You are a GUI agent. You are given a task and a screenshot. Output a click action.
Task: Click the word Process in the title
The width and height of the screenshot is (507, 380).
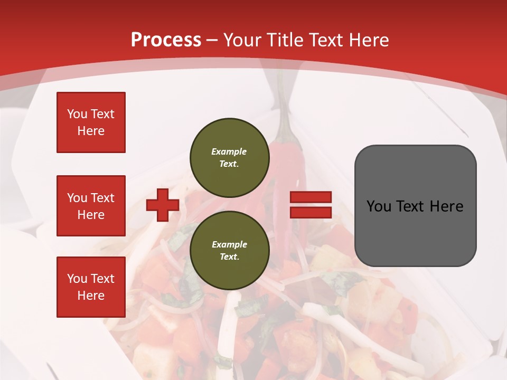pyautogui.click(x=166, y=40)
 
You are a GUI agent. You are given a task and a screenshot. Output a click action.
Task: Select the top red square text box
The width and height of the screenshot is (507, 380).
pyautogui.click(x=91, y=122)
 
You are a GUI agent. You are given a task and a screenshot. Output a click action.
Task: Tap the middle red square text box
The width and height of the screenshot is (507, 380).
pyautogui.click(x=91, y=206)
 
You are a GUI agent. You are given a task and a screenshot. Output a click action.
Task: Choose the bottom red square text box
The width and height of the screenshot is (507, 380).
pyautogui.click(x=91, y=287)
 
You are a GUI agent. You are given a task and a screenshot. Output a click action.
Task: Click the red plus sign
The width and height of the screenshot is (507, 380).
pyautogui.click(x=163, y=205)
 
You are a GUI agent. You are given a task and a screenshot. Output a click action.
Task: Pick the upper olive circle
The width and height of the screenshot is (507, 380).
pyautogui.click(x=230, y=158)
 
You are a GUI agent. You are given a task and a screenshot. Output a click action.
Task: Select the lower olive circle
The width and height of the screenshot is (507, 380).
pyautogui.click(x=230, y=250)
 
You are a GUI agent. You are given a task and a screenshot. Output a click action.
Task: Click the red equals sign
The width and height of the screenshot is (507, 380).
pyautogui.click(x=311, y=205)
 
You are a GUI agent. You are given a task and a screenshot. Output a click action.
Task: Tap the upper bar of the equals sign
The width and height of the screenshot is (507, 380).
pyautogui.click(x=311, y=197)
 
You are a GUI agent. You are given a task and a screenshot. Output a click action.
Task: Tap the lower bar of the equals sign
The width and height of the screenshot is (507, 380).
pyautogui.click(x=311, y=212)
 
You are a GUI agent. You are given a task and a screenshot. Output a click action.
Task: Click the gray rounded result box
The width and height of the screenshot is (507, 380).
pyautogui.click(x=415, y=206)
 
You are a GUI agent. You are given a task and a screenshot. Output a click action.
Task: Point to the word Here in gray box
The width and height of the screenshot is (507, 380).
pyautogui.click(x=446, y=206)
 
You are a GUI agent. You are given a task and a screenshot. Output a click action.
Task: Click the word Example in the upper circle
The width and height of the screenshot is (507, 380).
pyautogui.click(x=229, y=151)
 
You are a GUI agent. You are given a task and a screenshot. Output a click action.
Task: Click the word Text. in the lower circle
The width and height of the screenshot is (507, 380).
pyautogui.click(x=229, y=257)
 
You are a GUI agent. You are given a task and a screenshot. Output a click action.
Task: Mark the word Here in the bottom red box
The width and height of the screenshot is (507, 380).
pyautogui.click(x=91, y=296)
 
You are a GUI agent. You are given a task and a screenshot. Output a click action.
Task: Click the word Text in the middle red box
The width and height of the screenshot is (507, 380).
pyautogui.click(x=102, y=198)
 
